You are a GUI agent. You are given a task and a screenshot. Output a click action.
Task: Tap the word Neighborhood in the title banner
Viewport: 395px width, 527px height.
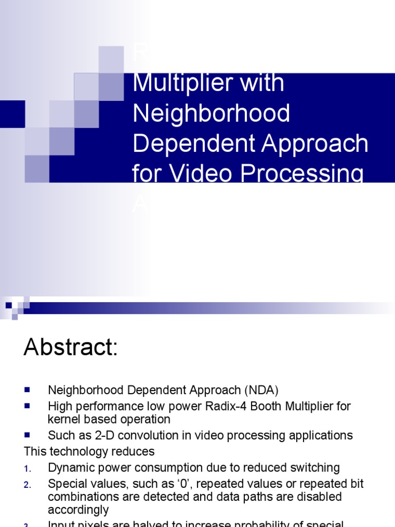211,113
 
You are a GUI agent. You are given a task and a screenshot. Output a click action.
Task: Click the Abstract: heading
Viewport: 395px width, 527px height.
71,348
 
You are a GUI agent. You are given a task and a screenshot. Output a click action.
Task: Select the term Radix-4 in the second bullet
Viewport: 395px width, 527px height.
220,406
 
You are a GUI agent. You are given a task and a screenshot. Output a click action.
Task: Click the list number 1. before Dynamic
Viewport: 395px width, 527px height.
28,468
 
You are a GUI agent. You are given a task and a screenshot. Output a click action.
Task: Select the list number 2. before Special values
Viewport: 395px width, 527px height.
28,484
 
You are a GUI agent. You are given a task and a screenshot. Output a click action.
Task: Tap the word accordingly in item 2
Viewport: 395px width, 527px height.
78,510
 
